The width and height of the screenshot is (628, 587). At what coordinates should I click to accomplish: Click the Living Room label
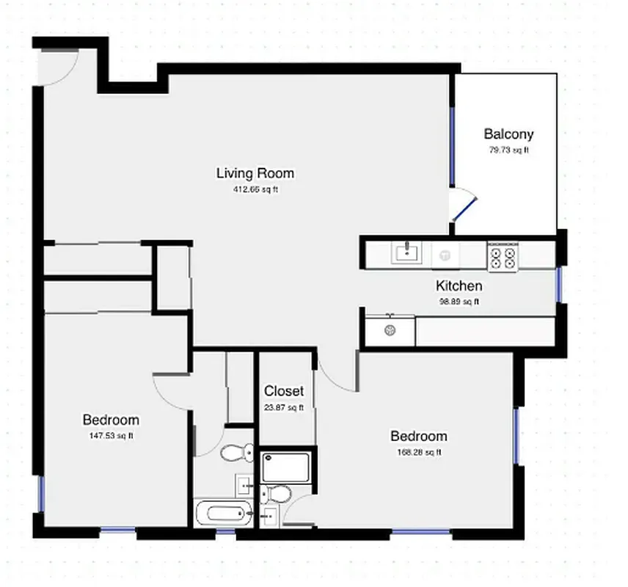coord(255,173)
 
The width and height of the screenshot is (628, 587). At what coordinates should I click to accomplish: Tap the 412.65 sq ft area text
coord(255,189)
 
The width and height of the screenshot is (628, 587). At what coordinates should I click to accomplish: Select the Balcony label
coord(508,134)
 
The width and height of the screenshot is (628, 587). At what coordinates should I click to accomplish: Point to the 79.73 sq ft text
coord(508,150)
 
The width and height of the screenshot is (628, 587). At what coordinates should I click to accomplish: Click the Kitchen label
coord(459,285)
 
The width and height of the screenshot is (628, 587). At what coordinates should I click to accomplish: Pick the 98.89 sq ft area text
coord(459,301)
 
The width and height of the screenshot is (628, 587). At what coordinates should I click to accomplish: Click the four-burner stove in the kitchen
coord(503,256)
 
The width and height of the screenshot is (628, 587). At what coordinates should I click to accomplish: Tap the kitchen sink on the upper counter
coord(406,254)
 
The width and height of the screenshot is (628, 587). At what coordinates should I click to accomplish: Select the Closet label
coord(284,391)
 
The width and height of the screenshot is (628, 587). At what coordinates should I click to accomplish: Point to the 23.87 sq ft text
coord(284,407)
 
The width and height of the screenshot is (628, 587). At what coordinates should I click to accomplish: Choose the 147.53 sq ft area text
coord(111,436)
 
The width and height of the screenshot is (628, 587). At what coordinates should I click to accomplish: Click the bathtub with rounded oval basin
coord(224,512)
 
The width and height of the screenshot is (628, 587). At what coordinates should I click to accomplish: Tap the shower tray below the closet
coord(287,466)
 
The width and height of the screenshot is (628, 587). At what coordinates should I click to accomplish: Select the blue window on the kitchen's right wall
coord(558,285)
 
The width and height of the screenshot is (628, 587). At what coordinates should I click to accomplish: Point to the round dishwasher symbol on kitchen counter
coord(445,255)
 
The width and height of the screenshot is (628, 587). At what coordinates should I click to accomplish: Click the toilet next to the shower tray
coord(278,493)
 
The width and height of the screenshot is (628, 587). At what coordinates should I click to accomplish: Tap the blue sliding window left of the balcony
coord(452,147)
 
